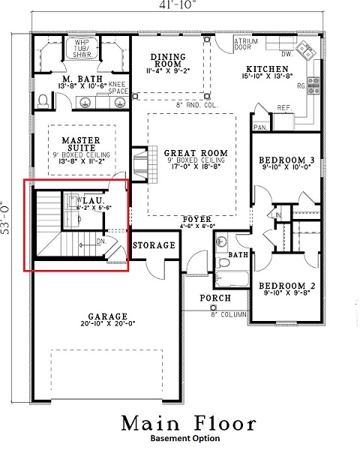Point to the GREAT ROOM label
[190, 153]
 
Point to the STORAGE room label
[154, 245]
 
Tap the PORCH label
[214, 298]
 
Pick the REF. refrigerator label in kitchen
[284, 108]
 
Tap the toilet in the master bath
[43, 99]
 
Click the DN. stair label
[100, 241]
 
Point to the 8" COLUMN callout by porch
[229, 313]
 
